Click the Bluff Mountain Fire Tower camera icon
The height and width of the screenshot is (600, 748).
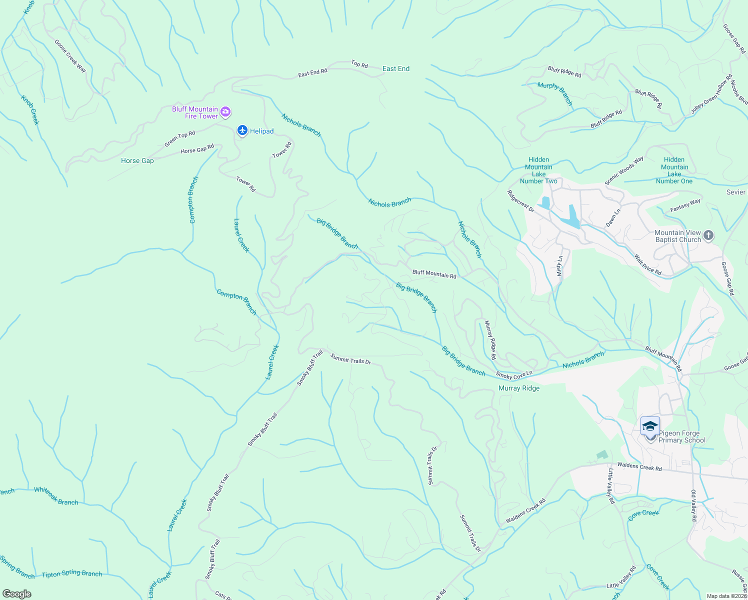pyautogui.click(x=225, y=112)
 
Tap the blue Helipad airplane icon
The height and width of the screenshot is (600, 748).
pyautogui.click(x=242, y=130)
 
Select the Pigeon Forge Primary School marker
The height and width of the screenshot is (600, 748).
pyautogui.click(x=650, y=427)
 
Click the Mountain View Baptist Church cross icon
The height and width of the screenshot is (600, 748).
pyautogui.click(x=708, y=235)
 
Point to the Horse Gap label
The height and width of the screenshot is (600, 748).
pyautogui.click(x=137, y=160)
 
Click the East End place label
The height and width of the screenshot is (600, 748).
pyautogui.click(x=396, y=68)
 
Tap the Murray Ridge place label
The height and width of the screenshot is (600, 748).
pyautogui.click(x=519, y=388)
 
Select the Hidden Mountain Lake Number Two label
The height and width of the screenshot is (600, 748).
pyautogui.click(x=538, y=170)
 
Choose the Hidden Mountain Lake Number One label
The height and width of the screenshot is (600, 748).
pyautogui.click(x=674, y=170)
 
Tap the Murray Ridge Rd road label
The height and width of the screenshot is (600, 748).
pyautogui.click(x=490, y=340)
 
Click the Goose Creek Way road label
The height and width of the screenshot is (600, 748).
pyautogui.click(x=70, y=56)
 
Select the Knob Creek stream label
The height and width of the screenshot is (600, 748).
pyautogui.click(x=30, y=109)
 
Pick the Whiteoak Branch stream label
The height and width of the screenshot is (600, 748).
pyautogui.click(x=56, y=496)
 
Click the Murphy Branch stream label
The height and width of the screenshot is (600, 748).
pyautogui.click(x=555, y=93)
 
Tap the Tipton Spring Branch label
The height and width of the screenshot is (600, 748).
pyautogui.click(x=72, y=574)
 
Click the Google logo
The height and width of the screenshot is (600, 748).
pyautogui.click(x=17, y=594)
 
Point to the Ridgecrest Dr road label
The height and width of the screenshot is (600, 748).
pyautogui.click(x=520, y=201)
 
